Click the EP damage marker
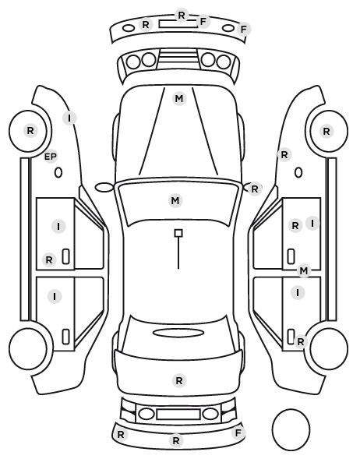pyautogui.click(x=51, y=157)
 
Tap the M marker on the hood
pyautogui.click(x=179, y=99)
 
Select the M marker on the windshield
pyautogui.click(x=175, y=200)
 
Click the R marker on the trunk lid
pyautogui.click(x=179, y=381)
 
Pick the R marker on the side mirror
pyautogui.click(x=255, y=189)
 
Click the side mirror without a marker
pyautogui.click(x=104, y=188)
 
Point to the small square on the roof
pyautogui.click(x=178, y=233)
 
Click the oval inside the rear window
pyautogui.click(x=178, y=333)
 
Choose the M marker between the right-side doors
pyautogui.click(x=304, y=270)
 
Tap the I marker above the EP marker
pyautogui.click(x=69, y=118)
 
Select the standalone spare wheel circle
pyautogui.click(x=291, y=429)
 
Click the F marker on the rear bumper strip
pyautogui.click(x=238, y=433)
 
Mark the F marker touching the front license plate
pyautogui.click(x=203, y=22)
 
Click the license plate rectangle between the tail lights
pyautogui.click(x=178, y=415)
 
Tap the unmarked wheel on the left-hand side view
pyautogui.click(x=28, y=348)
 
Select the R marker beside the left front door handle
pyautogui.click(x=49, y=260)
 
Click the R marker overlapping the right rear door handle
pyautogui.click(x=301, y=342)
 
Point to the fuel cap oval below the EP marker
pyautogui.click(x=58, y=172)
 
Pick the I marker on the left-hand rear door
pyautogui.click(x=55, y=296)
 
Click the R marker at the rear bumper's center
pyautogui.click(x=176, y=440)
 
